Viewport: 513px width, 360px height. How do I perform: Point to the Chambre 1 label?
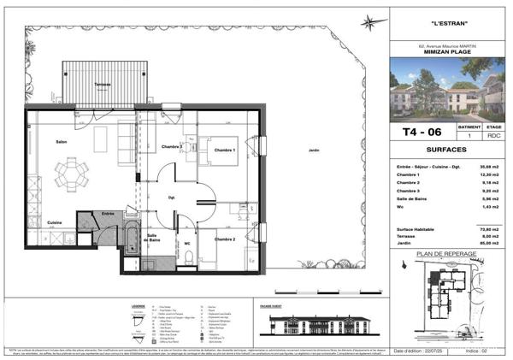[x=224, y=150]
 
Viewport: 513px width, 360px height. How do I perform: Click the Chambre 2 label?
[x=224, y=239]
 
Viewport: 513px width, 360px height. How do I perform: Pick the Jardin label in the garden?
[x=314, y=150]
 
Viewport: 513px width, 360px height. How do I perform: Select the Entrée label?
[x=109, y=213]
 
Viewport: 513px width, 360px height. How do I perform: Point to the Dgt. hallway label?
[x=171, y=198]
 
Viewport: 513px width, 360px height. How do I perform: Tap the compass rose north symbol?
[x=369, y=23]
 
